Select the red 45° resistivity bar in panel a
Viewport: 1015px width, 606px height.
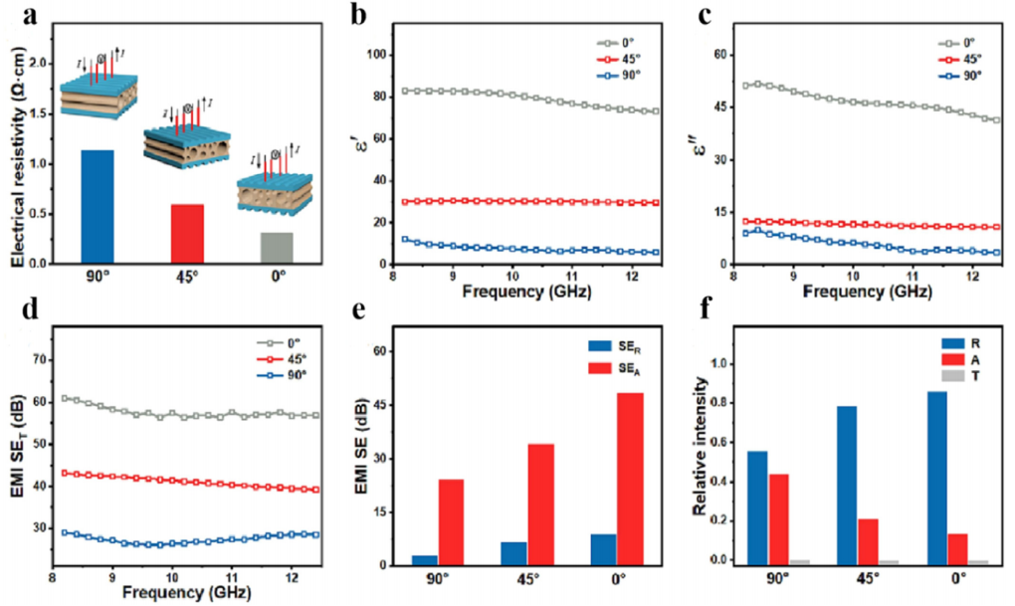point(187,233)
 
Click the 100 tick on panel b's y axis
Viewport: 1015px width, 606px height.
point(377,54)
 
